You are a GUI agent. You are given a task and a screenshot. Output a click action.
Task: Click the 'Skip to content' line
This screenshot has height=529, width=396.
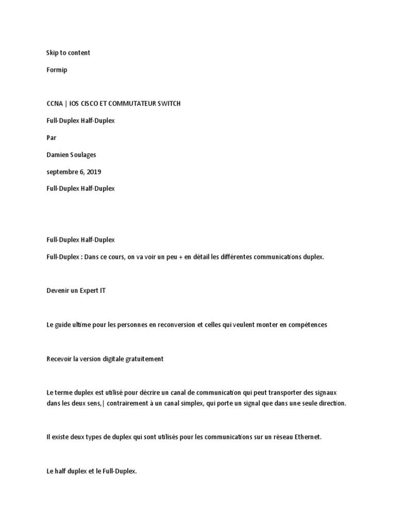pyautogui.click(x=68, y=53)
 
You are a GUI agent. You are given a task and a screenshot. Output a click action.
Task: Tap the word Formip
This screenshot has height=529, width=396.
pyautogui.click(x=57, y=70)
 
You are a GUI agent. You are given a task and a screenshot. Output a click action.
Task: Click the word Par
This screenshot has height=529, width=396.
pyautogui.click(x=52, y=137)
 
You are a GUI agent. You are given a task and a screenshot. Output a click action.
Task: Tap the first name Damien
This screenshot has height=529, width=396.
pyautogui.click(x=58, y=154)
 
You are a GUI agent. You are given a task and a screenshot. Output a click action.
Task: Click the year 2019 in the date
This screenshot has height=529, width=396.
pyautogui.click(x=93, y=172)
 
